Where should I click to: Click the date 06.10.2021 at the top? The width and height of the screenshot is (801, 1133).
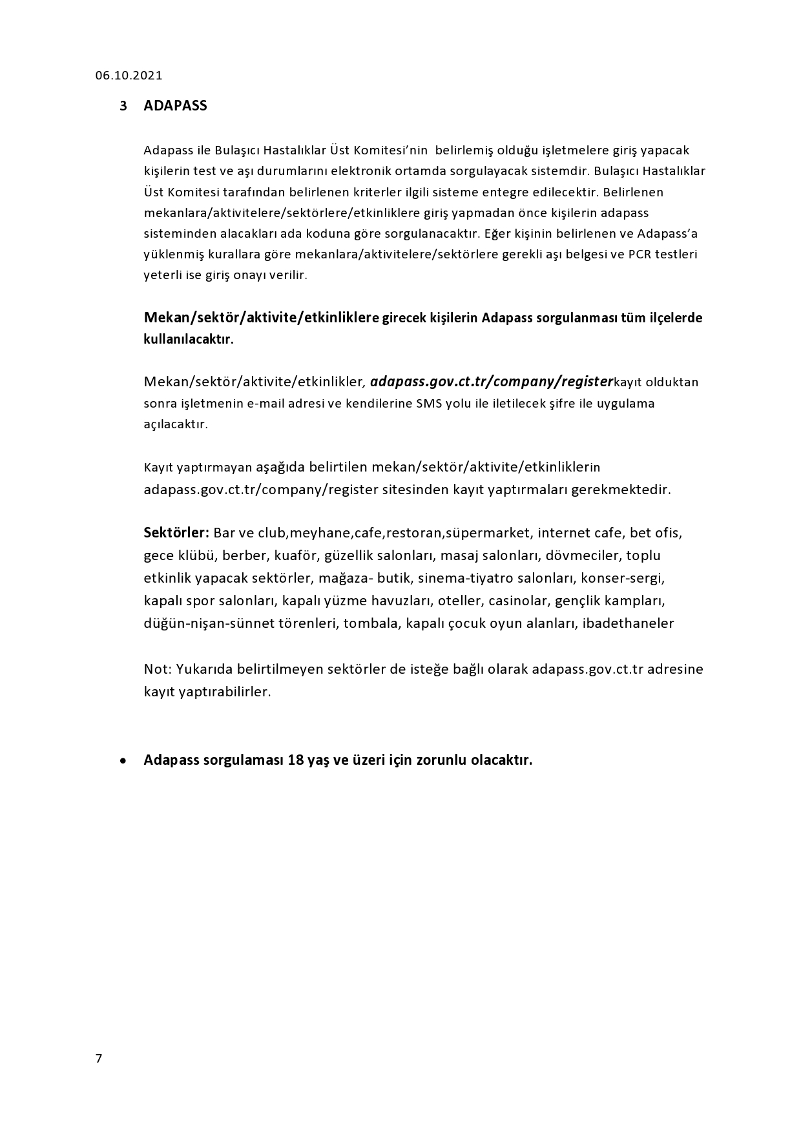click(129, 76)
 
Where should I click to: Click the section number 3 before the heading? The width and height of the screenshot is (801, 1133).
click(123, 106)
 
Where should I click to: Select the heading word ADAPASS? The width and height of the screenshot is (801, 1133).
click(175, 106)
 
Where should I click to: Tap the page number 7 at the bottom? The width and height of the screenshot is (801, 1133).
click(98, 1058)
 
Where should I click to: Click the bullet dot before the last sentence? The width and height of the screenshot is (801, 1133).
click(123, 761)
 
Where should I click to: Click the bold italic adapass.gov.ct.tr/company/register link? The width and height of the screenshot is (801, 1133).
click(491, 381)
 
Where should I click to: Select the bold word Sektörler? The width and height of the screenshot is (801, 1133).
click(176, 533)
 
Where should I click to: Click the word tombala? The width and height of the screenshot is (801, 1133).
click(371, 623)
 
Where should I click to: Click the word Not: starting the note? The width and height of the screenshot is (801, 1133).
click(157, 669)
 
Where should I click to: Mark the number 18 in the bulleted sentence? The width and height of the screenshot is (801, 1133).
click(296, 760)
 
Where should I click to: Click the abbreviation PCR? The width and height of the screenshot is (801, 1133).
click(640, 254)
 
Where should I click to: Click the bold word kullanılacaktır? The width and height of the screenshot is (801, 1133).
click(188, 340)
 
